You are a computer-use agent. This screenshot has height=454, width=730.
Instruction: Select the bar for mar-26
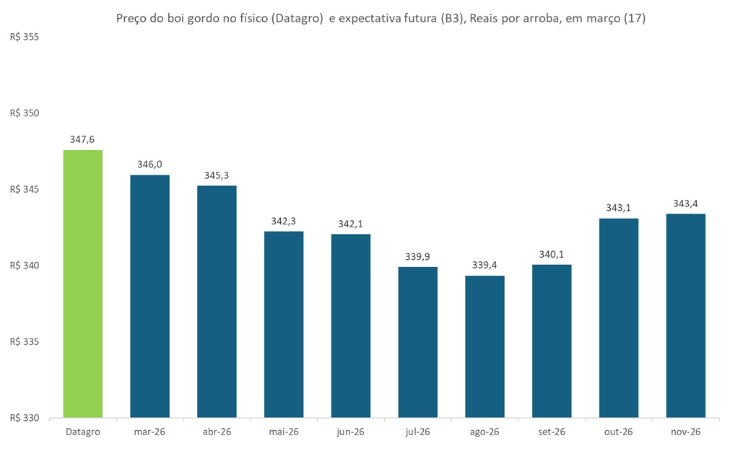click(x=149, y=296)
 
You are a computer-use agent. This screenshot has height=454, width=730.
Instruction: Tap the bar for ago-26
click(x=485, y=346)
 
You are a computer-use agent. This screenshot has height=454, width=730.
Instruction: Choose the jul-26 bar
click(x=417, y=342)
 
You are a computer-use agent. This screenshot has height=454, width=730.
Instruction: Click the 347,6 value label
click(x=82, y=139)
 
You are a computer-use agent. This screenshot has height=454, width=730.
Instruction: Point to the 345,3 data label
click(x=217, y=175)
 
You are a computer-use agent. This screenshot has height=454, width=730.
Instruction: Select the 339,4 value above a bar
click(x=485, y=266)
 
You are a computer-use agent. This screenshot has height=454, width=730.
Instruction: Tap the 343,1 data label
click(x=619, y=208)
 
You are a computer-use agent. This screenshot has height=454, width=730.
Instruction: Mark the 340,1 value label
click(x=552, y=254)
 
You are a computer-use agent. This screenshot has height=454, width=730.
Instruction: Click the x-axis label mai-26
click(x=284, y=432)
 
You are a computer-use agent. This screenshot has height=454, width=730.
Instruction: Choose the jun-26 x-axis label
click(x=350, y=432)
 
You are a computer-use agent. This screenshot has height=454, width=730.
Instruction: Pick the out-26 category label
click(x=619, y=432)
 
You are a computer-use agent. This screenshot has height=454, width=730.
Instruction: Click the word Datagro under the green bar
click(x=82, y=432)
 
